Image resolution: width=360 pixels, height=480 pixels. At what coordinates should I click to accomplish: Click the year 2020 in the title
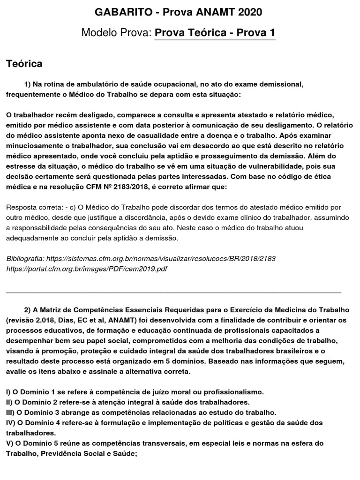click(247, 12)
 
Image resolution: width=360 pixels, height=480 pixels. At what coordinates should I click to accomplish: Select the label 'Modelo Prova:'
click(116, 33)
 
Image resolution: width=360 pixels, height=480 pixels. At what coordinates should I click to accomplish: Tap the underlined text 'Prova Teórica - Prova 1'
click(215, 33)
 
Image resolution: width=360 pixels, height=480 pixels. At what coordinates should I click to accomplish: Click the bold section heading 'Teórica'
click(24, 63)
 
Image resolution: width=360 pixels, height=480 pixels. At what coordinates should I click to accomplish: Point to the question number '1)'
click(27, 84)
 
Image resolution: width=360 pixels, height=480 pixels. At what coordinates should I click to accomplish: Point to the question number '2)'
click(27, 310)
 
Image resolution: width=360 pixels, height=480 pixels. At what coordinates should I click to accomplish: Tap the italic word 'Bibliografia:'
click(25, 259)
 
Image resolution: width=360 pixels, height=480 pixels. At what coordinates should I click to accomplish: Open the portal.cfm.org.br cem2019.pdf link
click(87, 269)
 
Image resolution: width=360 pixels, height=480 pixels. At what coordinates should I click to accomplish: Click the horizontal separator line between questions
click(173, 292)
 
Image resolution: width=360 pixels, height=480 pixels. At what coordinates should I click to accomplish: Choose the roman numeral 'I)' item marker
click(9, 391)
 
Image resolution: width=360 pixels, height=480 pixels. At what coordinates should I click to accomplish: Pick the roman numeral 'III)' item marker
click(11, 412)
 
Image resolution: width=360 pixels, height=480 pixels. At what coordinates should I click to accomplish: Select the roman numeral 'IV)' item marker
click(11, 423)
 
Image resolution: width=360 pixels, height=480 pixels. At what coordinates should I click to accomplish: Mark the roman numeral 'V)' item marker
click(10, 443)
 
